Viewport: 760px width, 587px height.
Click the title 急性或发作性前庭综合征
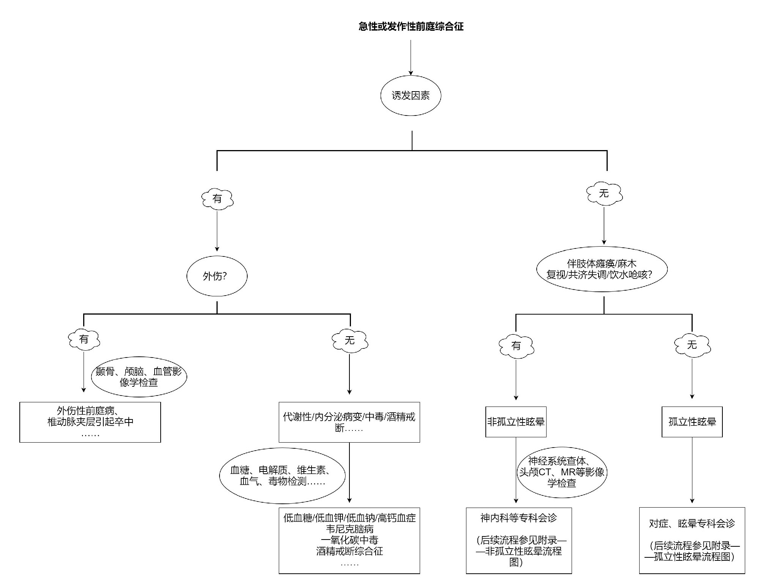411,27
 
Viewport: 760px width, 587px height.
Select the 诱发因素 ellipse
411,96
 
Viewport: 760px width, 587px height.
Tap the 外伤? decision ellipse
217,276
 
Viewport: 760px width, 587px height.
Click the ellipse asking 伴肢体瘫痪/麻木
602,269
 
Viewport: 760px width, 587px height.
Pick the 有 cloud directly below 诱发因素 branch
217,199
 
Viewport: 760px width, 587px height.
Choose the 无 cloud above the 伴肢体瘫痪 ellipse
604,194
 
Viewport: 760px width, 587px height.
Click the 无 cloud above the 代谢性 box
349,340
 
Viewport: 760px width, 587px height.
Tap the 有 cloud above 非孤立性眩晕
516,346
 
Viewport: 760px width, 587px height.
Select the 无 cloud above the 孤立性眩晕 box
692,345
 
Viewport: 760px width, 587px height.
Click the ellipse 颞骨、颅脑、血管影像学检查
139,377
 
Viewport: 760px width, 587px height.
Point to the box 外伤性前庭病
90,422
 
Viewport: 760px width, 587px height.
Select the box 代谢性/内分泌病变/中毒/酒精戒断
349,422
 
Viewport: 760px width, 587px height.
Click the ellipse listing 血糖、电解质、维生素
282,476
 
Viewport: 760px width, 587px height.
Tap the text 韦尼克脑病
349,529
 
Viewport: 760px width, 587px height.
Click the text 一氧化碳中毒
349,540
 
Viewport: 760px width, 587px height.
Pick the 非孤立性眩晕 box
516,422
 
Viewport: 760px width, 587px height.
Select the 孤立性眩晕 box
692,422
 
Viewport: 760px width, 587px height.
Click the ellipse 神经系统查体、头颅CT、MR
562,472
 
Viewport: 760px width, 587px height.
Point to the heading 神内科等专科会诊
518,518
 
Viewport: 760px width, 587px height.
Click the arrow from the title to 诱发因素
411,57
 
